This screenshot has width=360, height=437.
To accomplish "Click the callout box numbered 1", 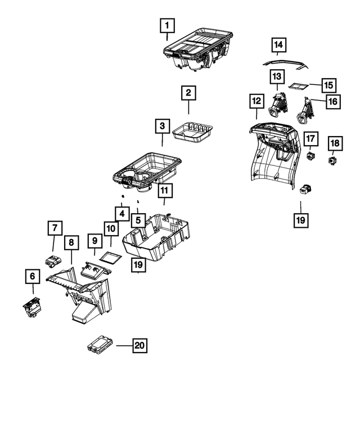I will pos(168,25).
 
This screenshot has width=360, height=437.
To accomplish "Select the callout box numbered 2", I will pos(188,92).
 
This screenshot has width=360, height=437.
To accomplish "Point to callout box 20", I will pos(139,346).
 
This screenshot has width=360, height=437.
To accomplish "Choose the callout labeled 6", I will pos(32,276).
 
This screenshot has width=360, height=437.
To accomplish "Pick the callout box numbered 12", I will pos(256,101).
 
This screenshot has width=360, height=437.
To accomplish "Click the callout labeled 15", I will pos(328,85).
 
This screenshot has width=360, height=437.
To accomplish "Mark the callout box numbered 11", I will pos(164,191).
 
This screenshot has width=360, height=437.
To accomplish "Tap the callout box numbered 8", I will pos(71,242).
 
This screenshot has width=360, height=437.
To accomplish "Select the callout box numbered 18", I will pos(334,143).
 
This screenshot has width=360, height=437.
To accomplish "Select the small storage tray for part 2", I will pos(192,132).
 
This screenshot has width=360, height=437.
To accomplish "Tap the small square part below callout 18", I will pos(333,161).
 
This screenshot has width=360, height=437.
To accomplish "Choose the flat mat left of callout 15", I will pos(297,87).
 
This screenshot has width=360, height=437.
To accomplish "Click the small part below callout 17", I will pos(311,154).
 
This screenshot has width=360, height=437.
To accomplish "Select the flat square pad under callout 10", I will pos(110,257).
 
